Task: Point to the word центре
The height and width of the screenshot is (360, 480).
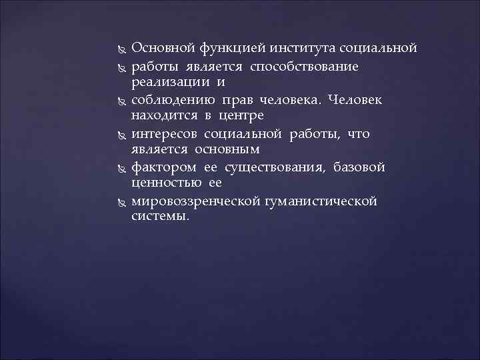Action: [236, 117]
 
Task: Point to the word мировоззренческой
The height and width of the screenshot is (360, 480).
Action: [189, 201]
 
